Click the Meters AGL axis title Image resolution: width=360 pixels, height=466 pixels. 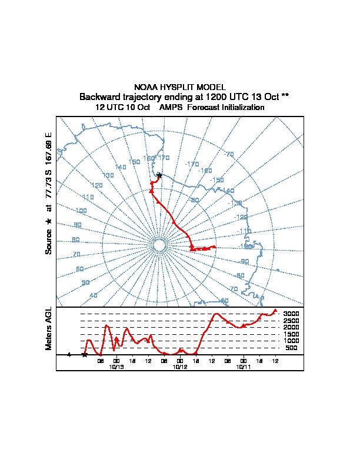click(x=49, y=328)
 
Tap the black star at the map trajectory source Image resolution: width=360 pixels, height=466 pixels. click(x=159, y=175)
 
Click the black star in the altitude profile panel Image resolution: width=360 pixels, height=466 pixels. click(x=84, y=355)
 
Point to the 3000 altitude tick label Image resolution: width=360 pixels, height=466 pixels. click(x=292, y=314)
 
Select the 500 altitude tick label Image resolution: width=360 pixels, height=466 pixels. click(x=292, y=348)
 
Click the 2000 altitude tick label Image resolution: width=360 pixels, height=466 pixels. click(x=292, y=327)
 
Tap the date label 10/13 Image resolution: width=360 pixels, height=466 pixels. click(x=116, y=367)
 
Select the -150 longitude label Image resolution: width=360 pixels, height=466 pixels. click(x=216, y=180)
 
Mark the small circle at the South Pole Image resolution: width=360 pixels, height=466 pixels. click(x=158, y=246)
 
